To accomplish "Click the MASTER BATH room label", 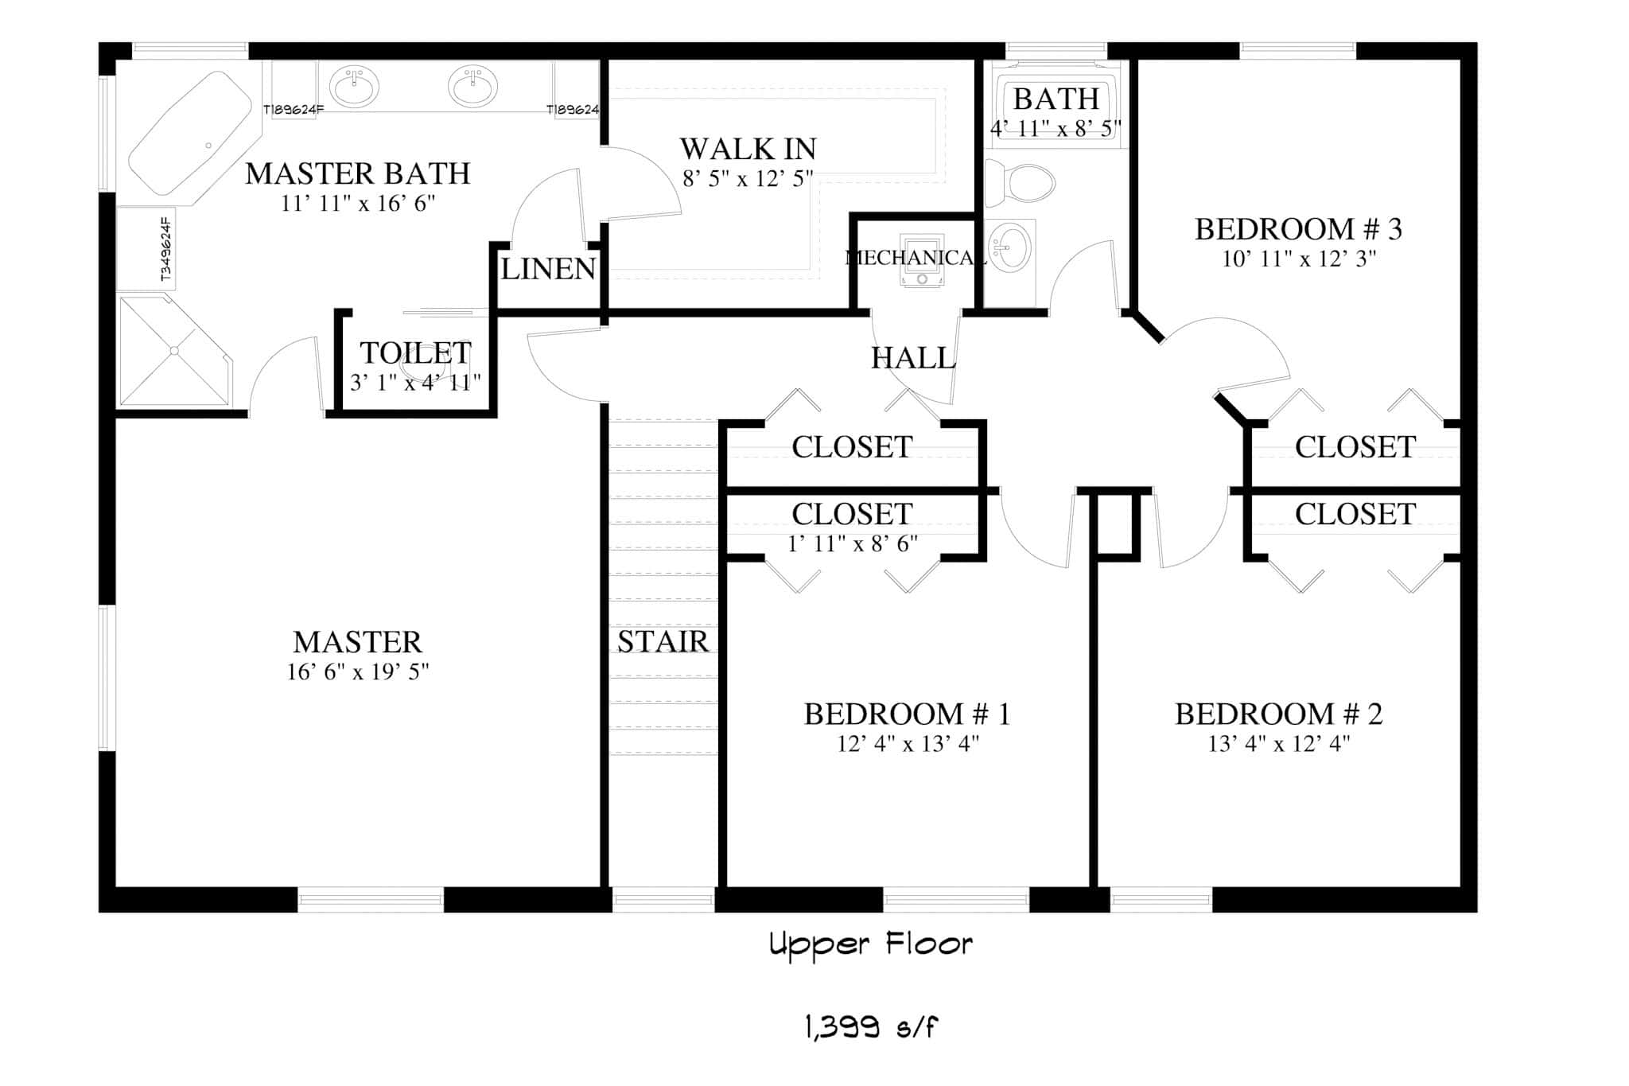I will (x=357, y=173).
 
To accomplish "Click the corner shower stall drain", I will (x=175, y=351).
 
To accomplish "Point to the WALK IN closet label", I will (x=748, y=149).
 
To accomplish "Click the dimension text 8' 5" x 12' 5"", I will (x=748, y=179).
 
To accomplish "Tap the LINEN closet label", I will (x=548, y=269).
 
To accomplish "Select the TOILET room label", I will (x=415, y=352).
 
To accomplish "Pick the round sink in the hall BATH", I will (x=1010, y=246).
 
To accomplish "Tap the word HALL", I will (x=912, y=359).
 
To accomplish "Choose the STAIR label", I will (x=663, y=641).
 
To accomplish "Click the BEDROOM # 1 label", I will (x=907, y=714).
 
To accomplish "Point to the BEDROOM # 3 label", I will (x=1298, y=229).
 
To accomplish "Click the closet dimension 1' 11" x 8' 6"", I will (x=853, y=544).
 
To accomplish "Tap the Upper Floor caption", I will (x=870, y=945).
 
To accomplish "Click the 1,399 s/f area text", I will (x=870, y=1029).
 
